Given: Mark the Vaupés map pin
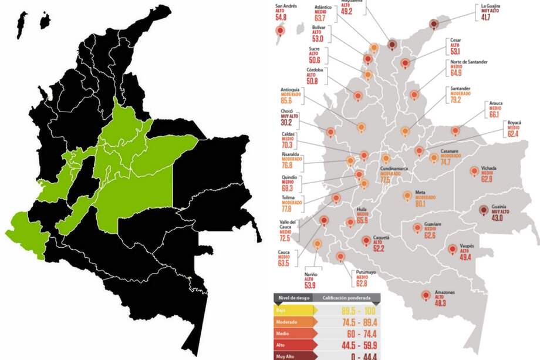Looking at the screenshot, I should coord(452,250).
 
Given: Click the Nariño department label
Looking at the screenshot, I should coord(311,274).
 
